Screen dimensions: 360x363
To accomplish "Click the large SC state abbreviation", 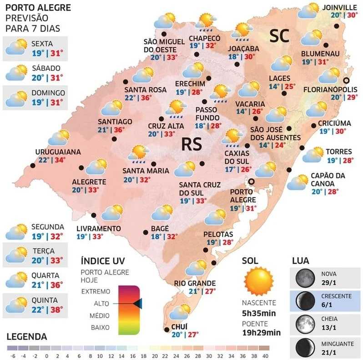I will pos(279,36).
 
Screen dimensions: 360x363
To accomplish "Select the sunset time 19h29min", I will pos(261,332).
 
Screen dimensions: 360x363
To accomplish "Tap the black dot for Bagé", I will pos(146,232).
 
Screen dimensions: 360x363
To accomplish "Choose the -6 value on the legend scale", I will pos(12,356).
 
